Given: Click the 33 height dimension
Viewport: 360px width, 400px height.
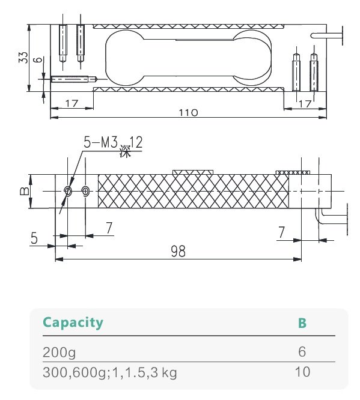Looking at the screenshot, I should [23, 57].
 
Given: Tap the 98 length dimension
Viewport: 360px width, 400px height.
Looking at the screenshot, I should [178, 252].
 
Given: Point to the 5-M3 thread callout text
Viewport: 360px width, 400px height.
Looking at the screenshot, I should [99, 143].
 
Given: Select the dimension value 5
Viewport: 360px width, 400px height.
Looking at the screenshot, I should [34, 238].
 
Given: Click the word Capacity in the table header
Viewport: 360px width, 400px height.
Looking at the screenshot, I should [73, 323].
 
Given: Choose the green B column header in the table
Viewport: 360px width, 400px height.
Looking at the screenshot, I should [302, 323].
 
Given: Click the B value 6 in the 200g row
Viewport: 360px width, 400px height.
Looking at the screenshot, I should [302, 351].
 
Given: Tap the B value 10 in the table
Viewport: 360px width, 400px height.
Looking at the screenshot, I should [302, 372].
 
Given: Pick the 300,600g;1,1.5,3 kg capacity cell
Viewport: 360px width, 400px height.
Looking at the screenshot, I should [109, 372].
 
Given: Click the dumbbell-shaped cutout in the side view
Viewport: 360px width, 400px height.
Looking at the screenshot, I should [188, 57].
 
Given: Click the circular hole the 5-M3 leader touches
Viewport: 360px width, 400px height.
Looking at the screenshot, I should [68, 192].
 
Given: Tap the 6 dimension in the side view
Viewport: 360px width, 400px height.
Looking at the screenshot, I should [38, 60].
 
